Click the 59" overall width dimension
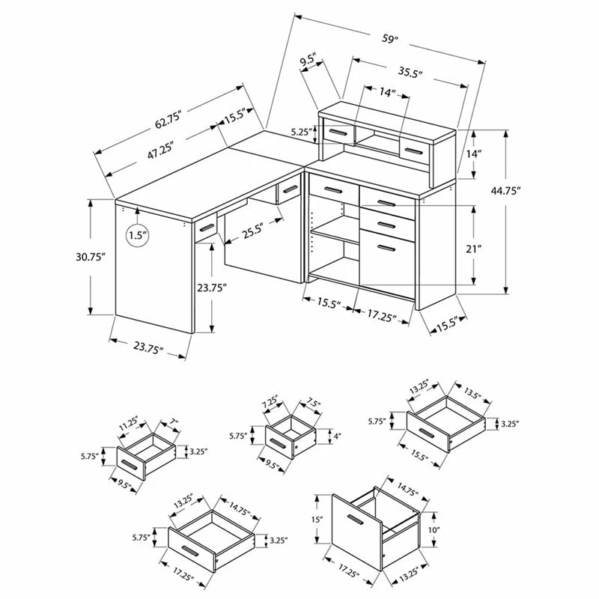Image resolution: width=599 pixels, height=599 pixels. tap(390, 39)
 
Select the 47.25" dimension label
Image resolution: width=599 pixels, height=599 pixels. tap(161, 150)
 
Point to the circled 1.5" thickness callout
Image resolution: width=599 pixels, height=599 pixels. tap(138, 235)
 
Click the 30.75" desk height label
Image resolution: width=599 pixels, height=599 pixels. tap(91, 257)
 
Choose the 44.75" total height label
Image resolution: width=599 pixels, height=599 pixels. tap(506, 191)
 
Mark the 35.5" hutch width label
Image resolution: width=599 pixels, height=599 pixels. tap(410, 73)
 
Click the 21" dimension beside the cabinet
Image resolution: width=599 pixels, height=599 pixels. tap(474, 249)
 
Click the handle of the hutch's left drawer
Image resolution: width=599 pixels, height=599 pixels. tap(338, 133)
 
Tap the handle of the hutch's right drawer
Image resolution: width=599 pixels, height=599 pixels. tap(414, 150)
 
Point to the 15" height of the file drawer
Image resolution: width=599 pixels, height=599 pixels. tap(317, 519)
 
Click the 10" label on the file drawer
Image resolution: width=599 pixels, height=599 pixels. tap(434, 530)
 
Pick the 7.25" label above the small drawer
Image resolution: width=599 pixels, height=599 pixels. tap(270, 403)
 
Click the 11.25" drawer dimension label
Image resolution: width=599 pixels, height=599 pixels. tap(128, 423)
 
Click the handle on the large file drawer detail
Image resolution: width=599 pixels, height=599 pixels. tap(356, 520)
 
